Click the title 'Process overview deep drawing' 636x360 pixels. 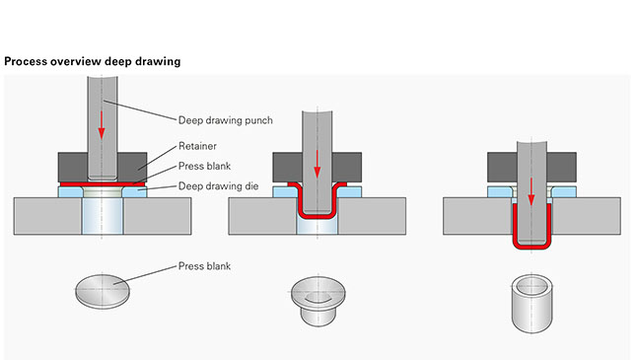click(x=93, y=62)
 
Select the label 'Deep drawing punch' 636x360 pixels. click(x=226, y=120)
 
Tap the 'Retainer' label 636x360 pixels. click(x=197, y=146)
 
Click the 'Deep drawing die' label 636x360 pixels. click(x=218, y=186)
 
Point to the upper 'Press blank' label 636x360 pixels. click(x=204, y=166)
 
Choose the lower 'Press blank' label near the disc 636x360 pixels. click(x=204, y=266)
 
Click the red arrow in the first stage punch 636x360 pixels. click(x=102, y=125)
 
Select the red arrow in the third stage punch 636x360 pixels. click(x=531, y=191)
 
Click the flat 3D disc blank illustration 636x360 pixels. click(x=103, y=292)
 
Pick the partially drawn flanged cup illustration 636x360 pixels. click(x=318, y=301)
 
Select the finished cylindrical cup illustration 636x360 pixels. click(x=531, y=304)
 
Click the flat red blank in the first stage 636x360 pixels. click(x=103, y=184)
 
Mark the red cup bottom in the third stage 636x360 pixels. click(x=531, y=246)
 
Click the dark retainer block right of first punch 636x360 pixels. click(x=132, y=168)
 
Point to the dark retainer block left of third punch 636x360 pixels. click(x=502, y=168)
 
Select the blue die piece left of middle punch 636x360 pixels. click(x=286, y=192)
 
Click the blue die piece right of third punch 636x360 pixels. click(x=564, y=192)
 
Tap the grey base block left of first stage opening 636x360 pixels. click(x=48, y=216)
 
